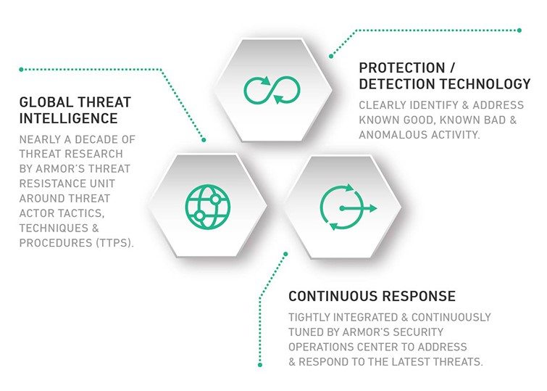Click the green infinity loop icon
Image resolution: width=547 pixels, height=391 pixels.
(x=272, y=90)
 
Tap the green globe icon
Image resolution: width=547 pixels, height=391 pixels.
(x=208, y=207)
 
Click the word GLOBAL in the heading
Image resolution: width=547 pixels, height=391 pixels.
(x=46, y=102)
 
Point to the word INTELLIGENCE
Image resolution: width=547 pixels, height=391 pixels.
(x=68, y=118)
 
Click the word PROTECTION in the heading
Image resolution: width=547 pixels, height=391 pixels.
(x=402, y=67)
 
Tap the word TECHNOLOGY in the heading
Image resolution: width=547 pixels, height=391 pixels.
(x=485, y=84)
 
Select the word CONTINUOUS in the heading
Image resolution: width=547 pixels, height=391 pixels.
(x=334, y=296)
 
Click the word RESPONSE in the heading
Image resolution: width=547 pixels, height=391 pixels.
(x=419, y=296)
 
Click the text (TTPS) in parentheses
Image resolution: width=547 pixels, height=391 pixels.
(x=114, y=243)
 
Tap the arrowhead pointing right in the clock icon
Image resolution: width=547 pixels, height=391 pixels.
(x=372, y=208)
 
